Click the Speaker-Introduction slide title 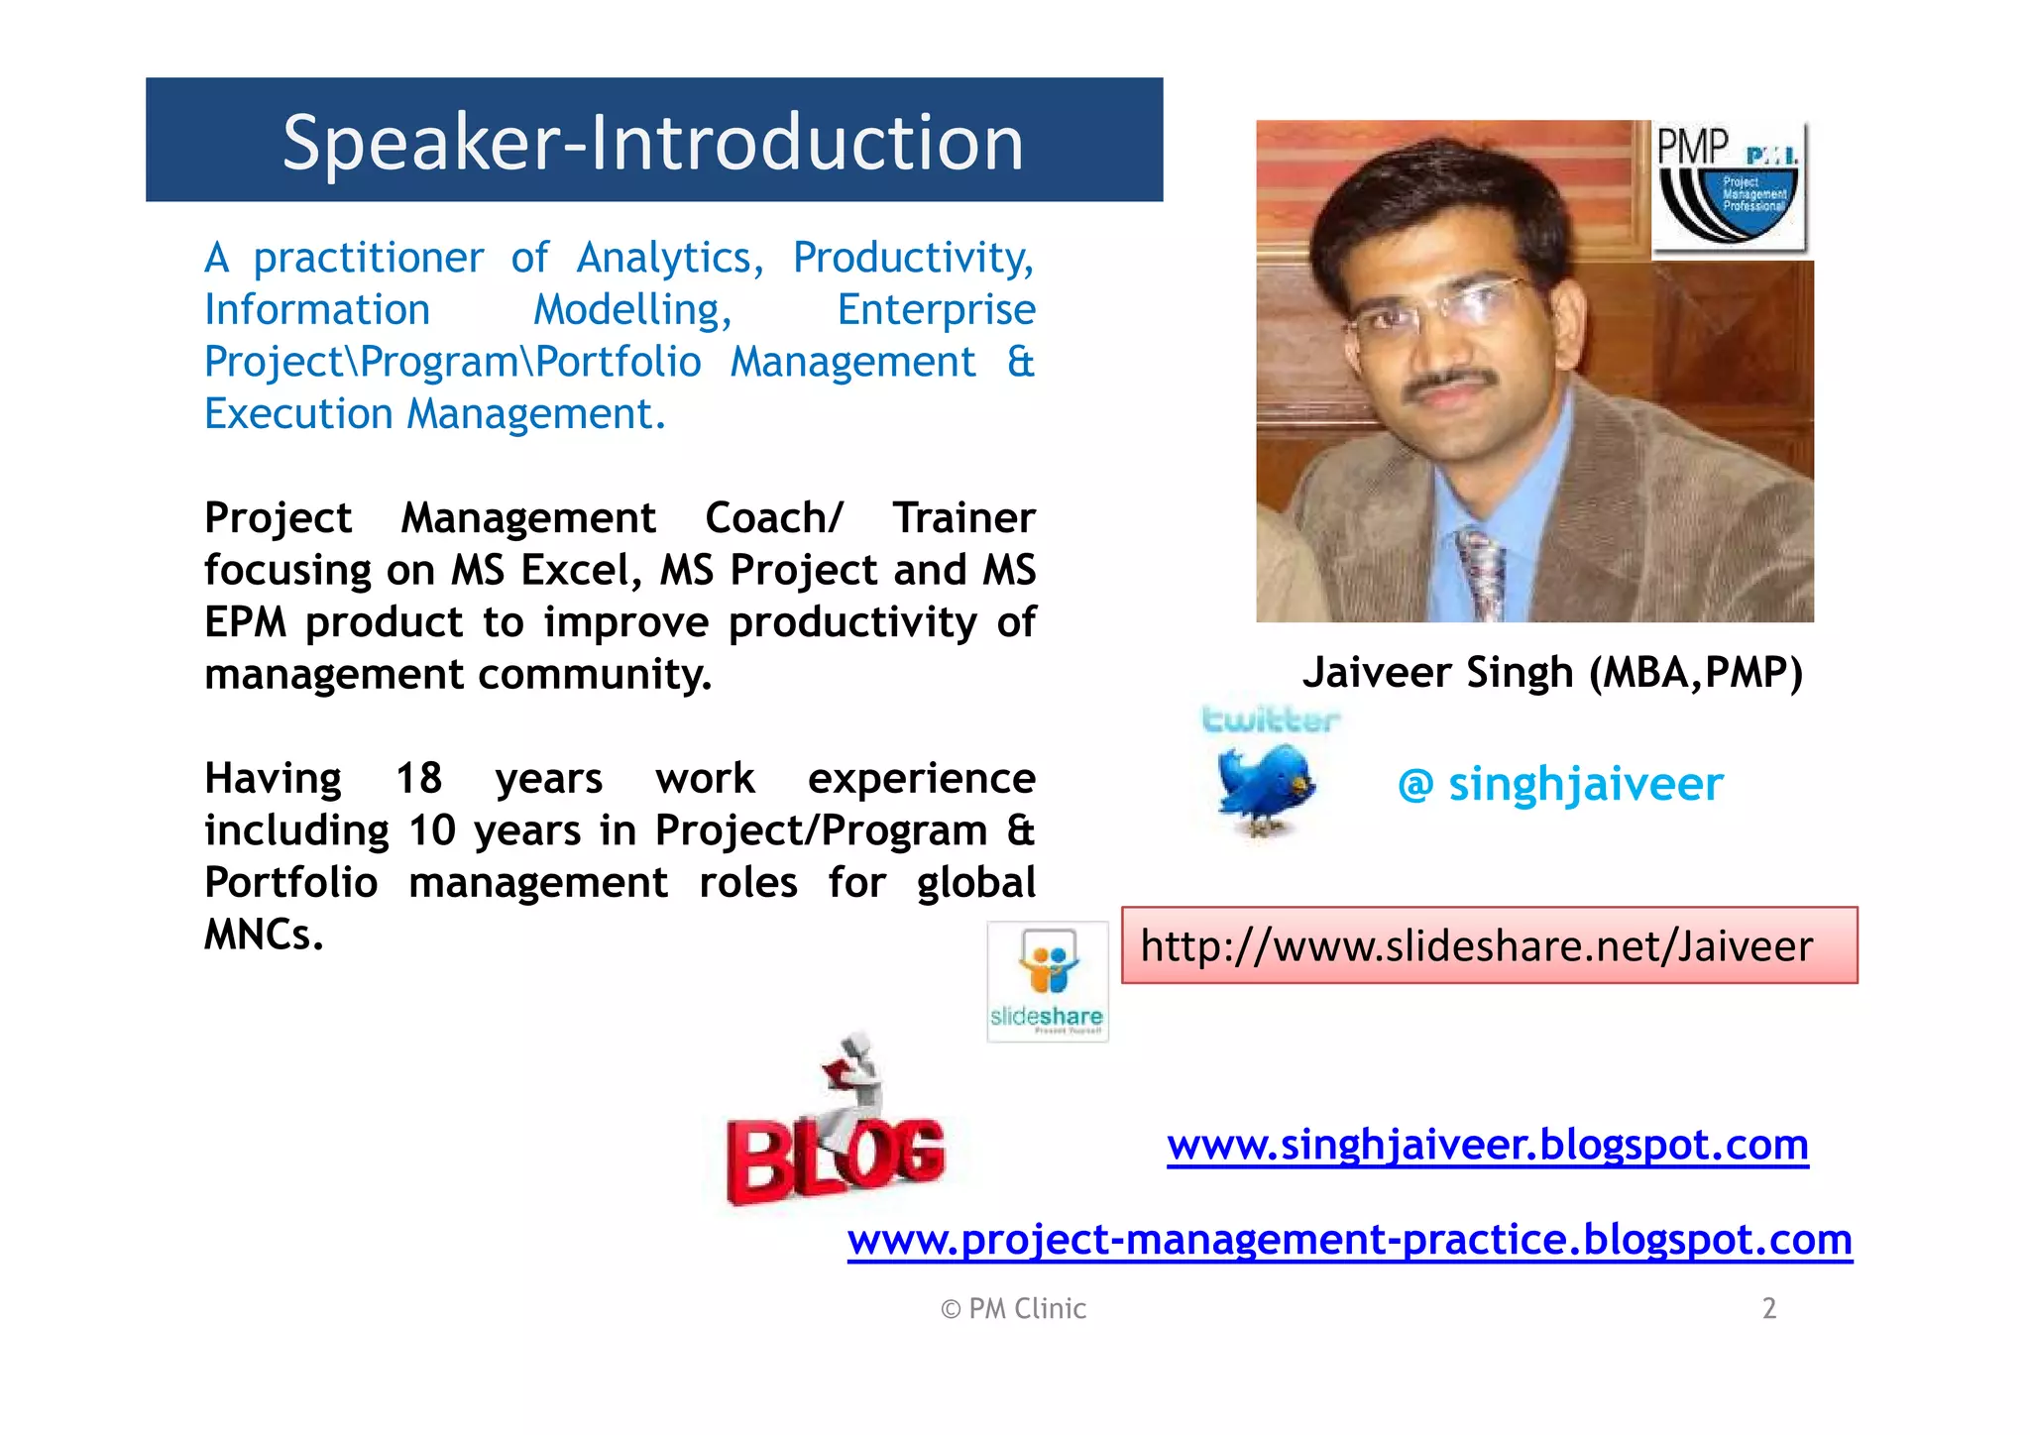pyautogui.click(x=652, y=142)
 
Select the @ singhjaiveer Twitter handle pyautogui.click(x=1560, y=784)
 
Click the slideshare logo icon pyautogui.click(x=1048, y=981)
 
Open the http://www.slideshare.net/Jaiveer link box pyautogui.click(x=1489, y=945)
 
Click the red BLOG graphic pyautogui.click(x=835, y=1130)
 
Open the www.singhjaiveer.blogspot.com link pyautogui.click(x=1487, y=1145)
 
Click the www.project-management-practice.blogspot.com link pyautogui.click(x=1349, y=1240)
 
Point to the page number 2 pyautogui.click(x=1768, y=1308)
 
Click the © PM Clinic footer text pyautogui.click(x=1013, y=1309)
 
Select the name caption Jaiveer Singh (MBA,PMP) pyautogui.click(x=1551, y=673)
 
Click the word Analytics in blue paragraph pyautogui.click(x=669, y=258)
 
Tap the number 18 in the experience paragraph pyautogui.click(x=418, y=778)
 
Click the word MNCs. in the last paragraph pyautogui.click(x=264, y=935)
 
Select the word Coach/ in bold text pyautogui.click(x=773, y=518)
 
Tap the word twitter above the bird pyautogui.click(x=1270, y=719)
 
